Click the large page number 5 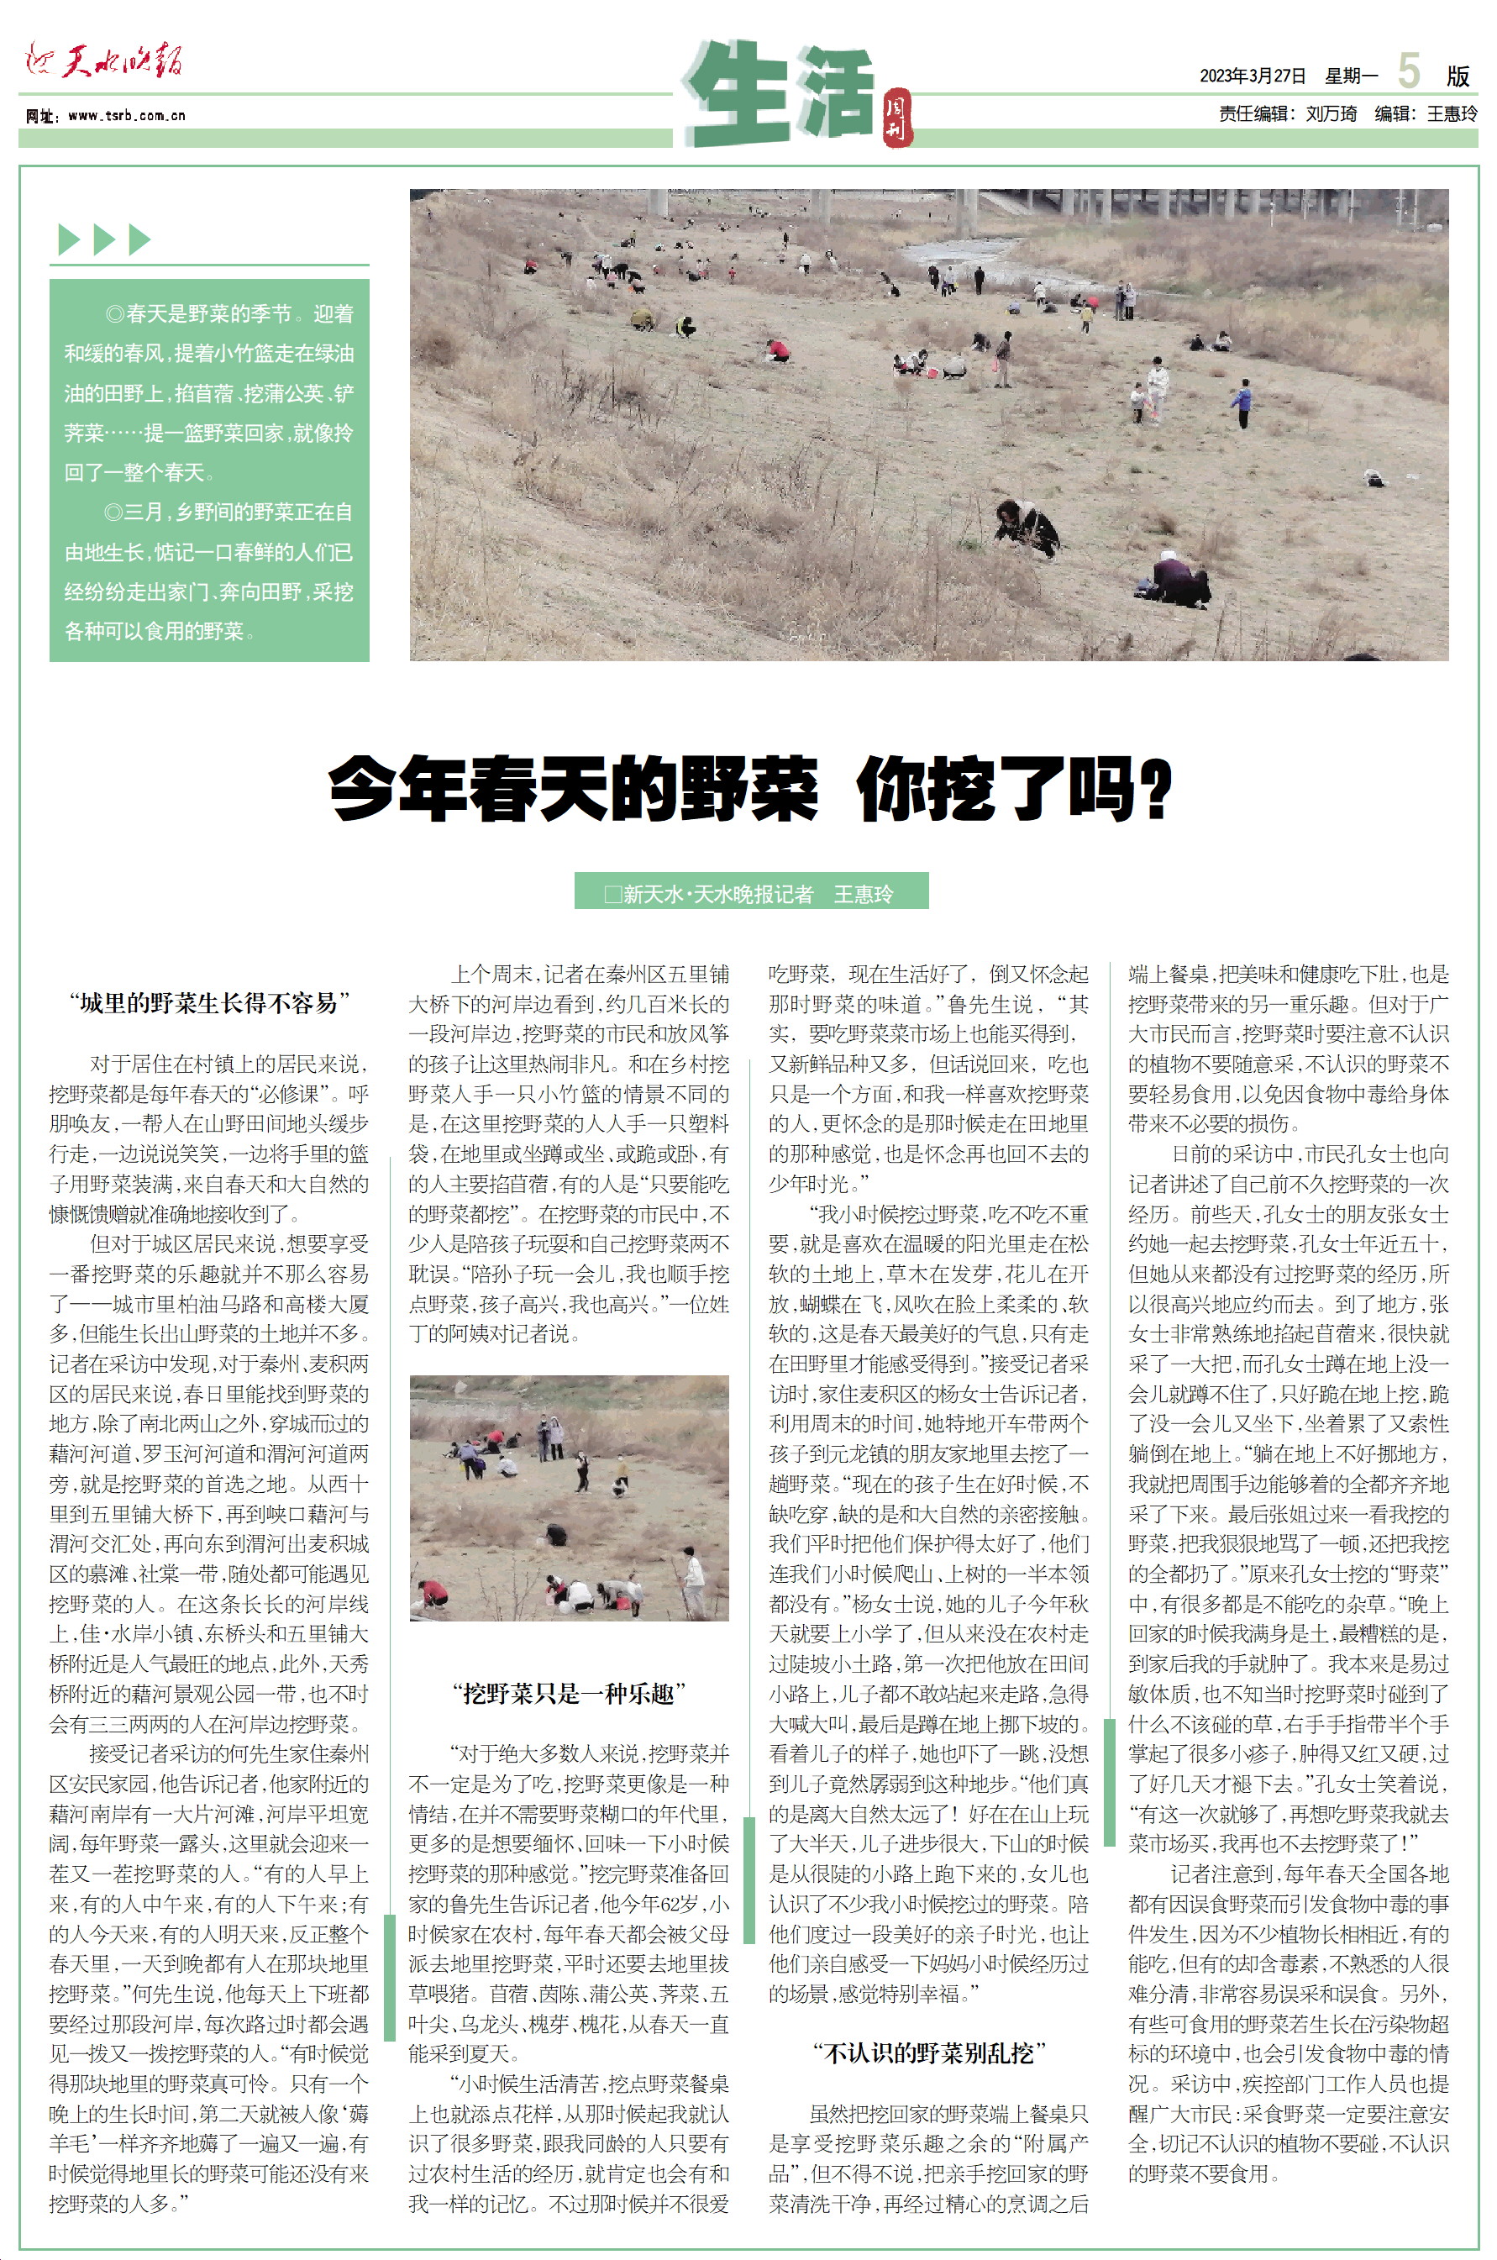(1408, 71)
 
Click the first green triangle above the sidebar (68, 239)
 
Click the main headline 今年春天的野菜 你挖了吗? (749, 789)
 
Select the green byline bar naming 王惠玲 (750, 893)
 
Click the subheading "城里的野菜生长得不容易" (209, 1002)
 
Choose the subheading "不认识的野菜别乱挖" (929, 2052)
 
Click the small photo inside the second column (569, 1497)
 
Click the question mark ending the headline (1156, 789)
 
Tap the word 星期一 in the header (1351, 76)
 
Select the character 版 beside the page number (1457, 76)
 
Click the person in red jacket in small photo (434, 1591)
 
